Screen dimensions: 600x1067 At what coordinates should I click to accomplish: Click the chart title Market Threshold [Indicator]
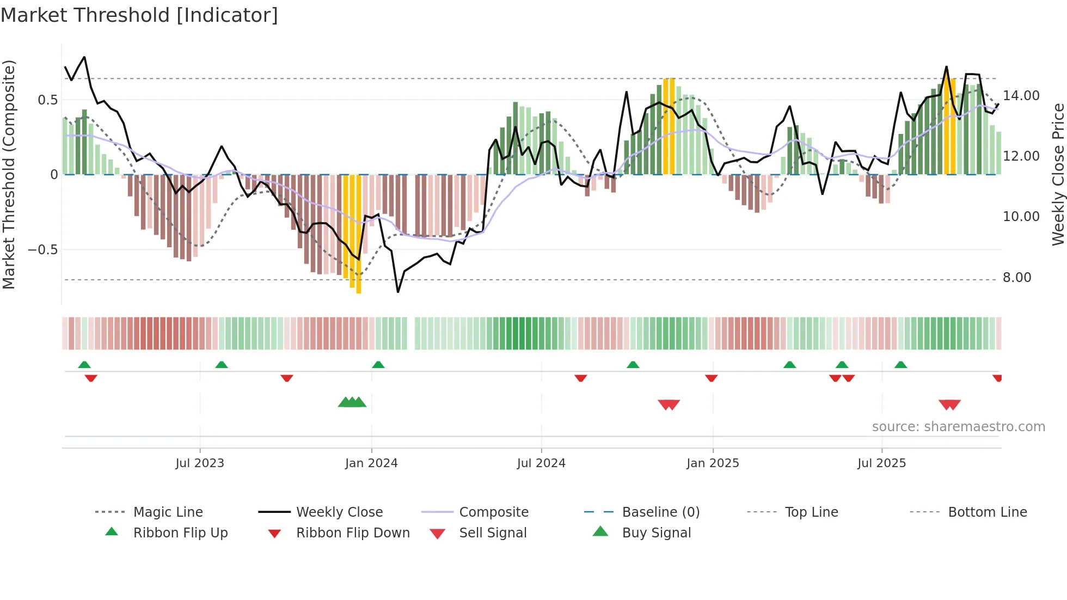[x=139, y=15]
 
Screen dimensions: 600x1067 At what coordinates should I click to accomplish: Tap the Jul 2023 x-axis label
[x=199, y=463]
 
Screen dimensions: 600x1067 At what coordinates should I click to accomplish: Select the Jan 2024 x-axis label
[x=371, y=463]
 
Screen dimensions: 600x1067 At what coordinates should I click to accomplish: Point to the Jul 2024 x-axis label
[x=541, y=463]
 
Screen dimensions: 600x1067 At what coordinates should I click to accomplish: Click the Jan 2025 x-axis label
[x=713, y=463]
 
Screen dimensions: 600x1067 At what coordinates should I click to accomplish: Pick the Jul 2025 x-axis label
[x=881, y=463]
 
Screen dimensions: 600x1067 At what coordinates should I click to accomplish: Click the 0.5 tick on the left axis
[x=47, y=100]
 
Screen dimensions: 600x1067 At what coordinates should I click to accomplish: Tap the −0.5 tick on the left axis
[x=42, y=250]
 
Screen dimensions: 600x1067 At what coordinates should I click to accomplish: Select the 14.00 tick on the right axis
[x=1021, y=96]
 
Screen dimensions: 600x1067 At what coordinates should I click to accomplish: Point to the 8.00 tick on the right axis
[x=1017, y=278]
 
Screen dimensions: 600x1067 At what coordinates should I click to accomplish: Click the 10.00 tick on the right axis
[x=1021, y=217]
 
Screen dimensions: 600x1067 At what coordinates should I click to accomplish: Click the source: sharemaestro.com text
[x=958, y=427]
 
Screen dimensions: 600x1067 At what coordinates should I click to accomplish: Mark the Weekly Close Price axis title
[x=1058, y=174]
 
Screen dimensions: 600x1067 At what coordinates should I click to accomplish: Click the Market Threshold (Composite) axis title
[x=9, y=174]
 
